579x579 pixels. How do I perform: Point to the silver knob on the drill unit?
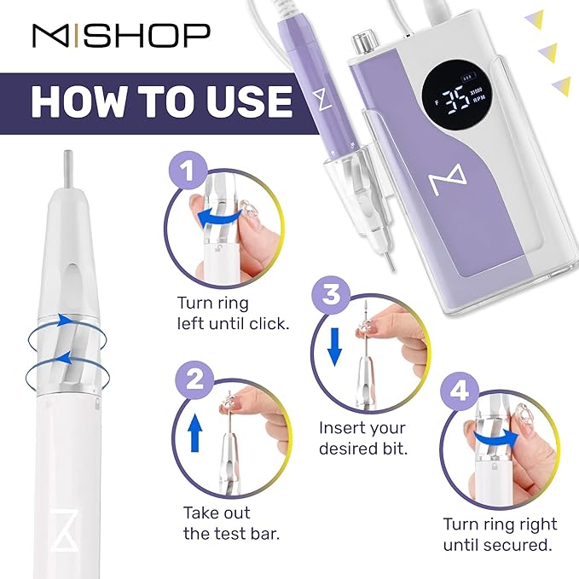(368, 39)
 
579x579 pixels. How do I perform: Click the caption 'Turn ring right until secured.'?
(500, 534)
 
